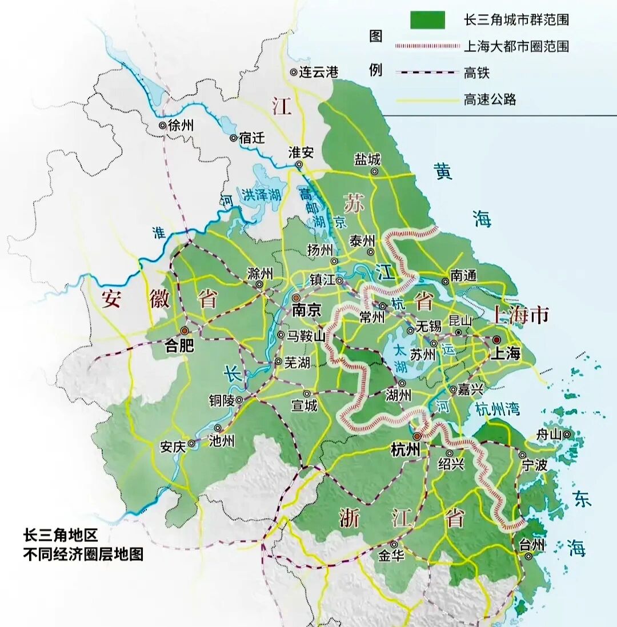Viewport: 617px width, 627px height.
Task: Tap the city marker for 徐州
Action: click(163, 125)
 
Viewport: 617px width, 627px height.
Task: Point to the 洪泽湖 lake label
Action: click(261, 194)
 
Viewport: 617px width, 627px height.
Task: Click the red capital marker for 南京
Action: click(296, 298)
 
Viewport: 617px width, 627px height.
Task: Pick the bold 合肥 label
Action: click(179, 346)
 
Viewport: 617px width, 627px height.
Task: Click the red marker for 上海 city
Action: click(496, 339)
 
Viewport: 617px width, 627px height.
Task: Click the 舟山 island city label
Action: click(549, 435)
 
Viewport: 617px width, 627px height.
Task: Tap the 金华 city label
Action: click(392, 556)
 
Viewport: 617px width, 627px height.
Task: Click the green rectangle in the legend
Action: click(427, 20)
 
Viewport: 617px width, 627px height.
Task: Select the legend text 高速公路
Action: click(490, 99)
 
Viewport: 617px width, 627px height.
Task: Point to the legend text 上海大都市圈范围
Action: click(516, 46)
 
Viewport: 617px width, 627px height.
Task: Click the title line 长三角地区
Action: click(61, 536)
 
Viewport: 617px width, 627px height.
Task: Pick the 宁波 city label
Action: click(535, 465)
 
